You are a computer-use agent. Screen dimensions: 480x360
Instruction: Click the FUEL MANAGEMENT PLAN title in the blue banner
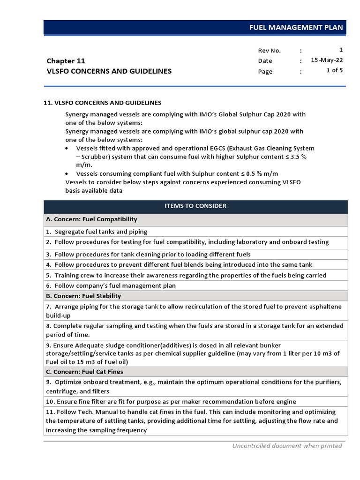point(296,28)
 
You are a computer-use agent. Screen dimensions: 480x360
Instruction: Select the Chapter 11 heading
point(66,61)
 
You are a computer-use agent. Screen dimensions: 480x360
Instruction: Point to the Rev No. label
point(269,50)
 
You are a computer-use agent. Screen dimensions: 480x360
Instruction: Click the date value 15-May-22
point(327,60)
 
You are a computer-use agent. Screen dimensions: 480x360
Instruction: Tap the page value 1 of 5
point(334,71)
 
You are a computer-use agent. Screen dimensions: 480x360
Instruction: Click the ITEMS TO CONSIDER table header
point(195,206)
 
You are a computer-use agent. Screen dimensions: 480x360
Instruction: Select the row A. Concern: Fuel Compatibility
point(91,219)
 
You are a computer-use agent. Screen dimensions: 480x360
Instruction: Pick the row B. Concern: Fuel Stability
point(83,296)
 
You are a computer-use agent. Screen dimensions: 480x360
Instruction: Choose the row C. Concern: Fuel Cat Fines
point(84,372)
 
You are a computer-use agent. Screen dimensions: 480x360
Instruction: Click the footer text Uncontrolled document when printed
point(287,446)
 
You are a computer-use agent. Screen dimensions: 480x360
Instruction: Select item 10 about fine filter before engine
point(171,402)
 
